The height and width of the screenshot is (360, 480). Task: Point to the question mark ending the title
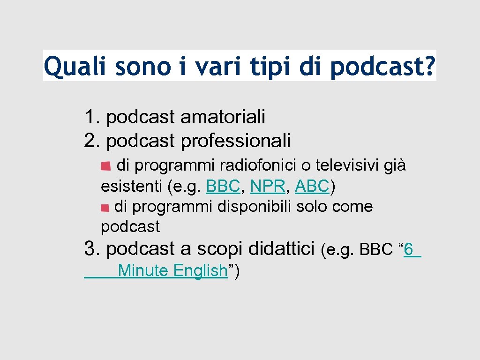pyautogui.click(x=428, y=67)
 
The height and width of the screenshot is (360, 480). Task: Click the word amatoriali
pyautogui.click(x=223, y=117)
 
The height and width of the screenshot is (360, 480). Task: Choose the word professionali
pyautogui.click(x=236, y=140)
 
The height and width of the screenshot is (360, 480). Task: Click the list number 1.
pyautogui.click(x=90, y=117)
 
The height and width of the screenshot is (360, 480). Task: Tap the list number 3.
pyautogui.click(x=90, y=249)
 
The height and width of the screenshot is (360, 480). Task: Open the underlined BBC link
pyautogui.click(x=223, y=187)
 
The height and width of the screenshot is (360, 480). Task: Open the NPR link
pyautogui.click(x=268, y=187)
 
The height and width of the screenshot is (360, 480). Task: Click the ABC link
pyautogui.click(x=312, y=187)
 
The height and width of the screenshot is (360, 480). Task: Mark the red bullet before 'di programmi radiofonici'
pyautogui.click(x=106, y=166)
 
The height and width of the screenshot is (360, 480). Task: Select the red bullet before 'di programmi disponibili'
pyautogui.click(x=105, y=207)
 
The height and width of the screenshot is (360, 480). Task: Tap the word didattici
pyautogui.click(x=282, y=249)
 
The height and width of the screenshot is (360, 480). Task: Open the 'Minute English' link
pyautogui.click(x=172, y=270)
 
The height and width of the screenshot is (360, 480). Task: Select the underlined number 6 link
pyautogui.click(x=409, y=250)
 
